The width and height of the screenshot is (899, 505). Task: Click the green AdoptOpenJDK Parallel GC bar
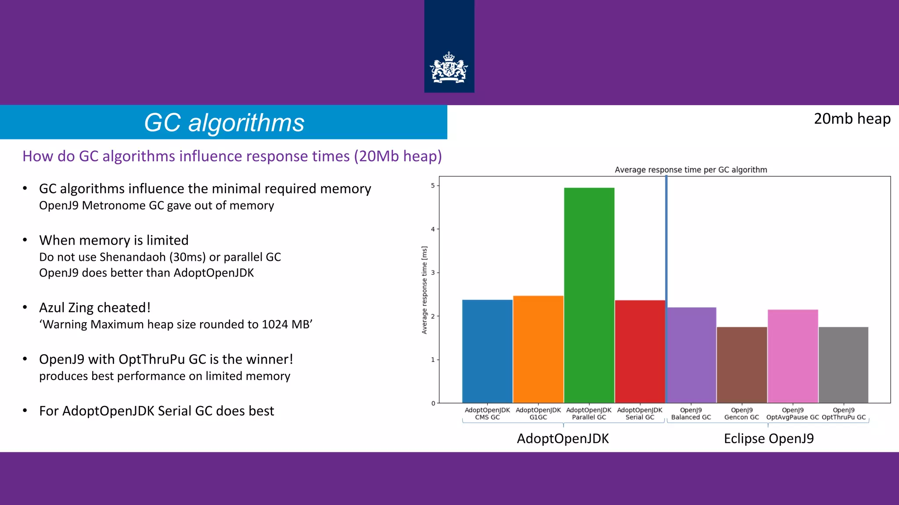(x=589, y=295)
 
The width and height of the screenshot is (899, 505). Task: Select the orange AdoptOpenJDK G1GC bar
(x=538, y=349)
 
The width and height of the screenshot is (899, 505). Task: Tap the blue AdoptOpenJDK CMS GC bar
(x=487, y=351)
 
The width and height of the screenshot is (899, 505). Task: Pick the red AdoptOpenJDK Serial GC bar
(x=640, y=351)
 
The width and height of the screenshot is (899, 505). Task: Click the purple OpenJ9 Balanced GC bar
(x=691, y=355)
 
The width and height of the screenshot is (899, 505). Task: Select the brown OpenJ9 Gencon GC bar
(x=741, y=365)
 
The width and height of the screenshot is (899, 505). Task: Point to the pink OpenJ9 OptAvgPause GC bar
(x=792, y=356)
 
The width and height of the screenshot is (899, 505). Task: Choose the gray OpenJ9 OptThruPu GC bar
(x=843, y=365)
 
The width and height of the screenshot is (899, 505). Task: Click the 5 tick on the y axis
(x=433, y=185)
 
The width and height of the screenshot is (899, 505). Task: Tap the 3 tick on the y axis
(x=433, y=273)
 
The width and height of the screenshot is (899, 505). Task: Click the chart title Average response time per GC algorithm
(x=690, y=170)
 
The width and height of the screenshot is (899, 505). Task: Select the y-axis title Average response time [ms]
(x=424, y=290)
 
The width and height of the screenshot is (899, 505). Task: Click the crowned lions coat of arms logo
(x=449, y=68)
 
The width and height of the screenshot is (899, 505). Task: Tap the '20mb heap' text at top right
(x=852, y=119)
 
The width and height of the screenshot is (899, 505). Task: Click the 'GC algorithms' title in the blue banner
(x=224, y=122)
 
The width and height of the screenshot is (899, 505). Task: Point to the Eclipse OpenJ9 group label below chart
(x=768, y=438)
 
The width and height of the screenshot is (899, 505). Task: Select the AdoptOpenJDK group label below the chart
(x=562, y=438)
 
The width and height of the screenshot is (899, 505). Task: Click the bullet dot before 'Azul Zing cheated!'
(x=25, y=307)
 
